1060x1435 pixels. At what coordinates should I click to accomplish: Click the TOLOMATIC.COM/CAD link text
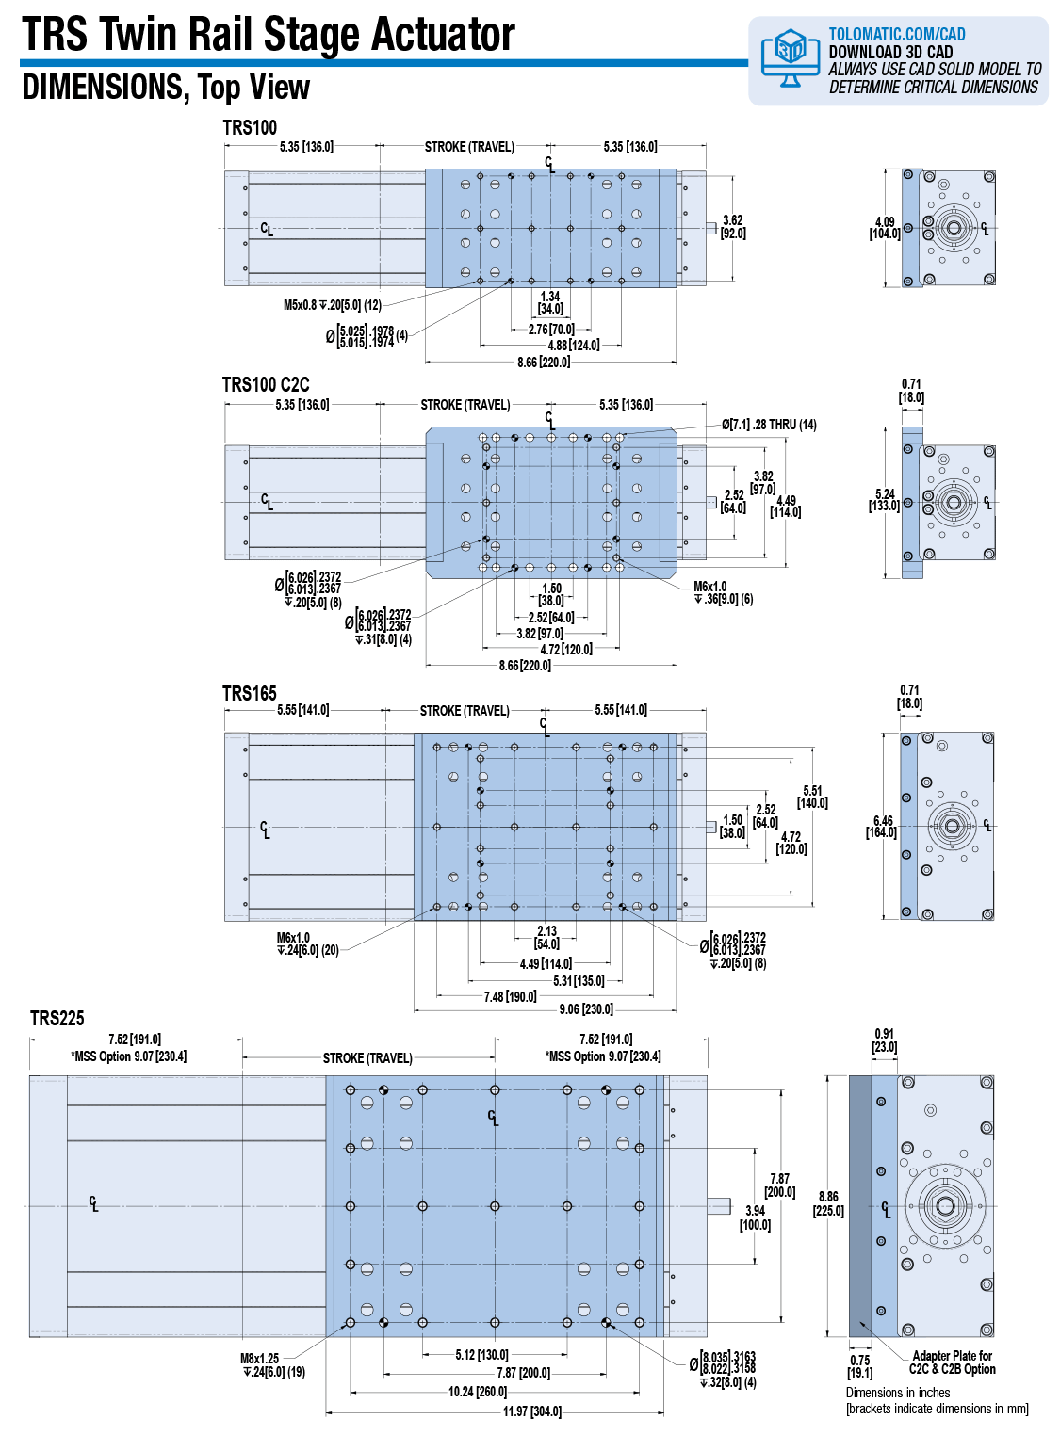[897, 34]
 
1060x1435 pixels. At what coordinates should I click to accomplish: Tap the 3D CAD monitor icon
[789, 56]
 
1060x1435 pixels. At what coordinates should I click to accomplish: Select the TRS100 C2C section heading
[266, 384]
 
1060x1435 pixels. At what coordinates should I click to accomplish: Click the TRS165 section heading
[250, 694]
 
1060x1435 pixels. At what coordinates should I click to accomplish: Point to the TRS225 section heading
[57, 1019]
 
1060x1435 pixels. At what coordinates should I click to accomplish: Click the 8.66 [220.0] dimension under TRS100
[544, 362]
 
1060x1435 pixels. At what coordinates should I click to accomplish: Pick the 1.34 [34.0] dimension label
[550, 303]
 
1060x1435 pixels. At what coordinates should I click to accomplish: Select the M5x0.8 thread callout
[333, 305]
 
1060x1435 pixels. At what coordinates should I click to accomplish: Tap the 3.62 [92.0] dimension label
[733, 226]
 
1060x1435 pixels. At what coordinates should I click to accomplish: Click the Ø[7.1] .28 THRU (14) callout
[769, 425]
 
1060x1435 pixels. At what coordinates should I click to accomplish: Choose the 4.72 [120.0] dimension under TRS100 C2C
[566, 649]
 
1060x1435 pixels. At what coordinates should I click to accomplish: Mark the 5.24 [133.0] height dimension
[885, 500]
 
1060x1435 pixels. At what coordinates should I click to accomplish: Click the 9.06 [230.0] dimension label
[586, 1008]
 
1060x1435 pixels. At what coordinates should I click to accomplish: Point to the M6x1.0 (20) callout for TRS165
[307, 943]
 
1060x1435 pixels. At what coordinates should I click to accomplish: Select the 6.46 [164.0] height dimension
[882, 826]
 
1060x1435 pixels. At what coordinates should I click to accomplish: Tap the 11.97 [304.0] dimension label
[532, 1411]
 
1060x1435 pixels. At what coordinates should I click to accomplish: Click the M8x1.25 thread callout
[272, 1365]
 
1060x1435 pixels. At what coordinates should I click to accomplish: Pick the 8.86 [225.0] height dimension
[829, 1203]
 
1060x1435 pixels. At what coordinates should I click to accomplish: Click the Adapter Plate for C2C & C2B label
[952, 1362]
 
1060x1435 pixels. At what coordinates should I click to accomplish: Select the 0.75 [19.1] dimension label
[860, 1366]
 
